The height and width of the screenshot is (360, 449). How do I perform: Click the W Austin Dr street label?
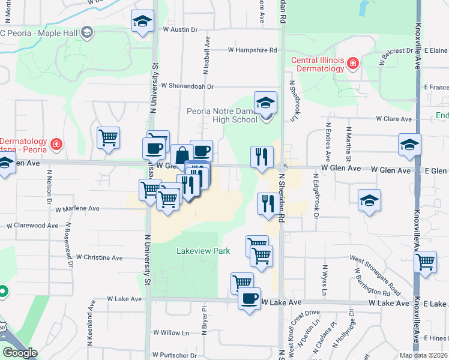180,29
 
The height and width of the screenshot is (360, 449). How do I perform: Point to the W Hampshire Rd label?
252,50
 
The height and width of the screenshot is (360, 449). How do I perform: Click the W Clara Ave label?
390,119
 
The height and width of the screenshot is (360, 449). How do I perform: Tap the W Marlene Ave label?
77,209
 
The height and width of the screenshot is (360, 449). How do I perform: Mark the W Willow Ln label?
171,332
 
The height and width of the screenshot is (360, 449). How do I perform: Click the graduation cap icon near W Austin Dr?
142,22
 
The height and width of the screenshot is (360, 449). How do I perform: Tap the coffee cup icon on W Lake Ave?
250,298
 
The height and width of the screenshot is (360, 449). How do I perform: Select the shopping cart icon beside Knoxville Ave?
426,262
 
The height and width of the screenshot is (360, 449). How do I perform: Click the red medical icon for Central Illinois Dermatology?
352,62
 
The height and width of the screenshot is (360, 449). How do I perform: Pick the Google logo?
20,353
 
